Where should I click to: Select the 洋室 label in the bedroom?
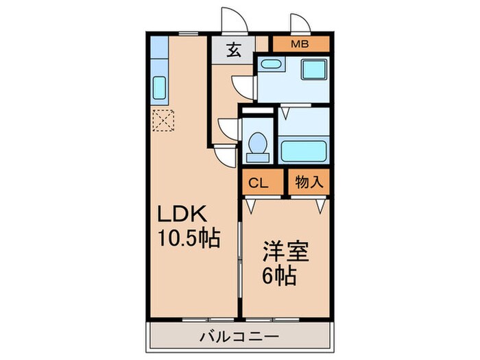[x=283, y=251]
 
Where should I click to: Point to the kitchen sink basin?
[x=158, y=88]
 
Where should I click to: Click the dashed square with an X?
[x=164, y=121]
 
